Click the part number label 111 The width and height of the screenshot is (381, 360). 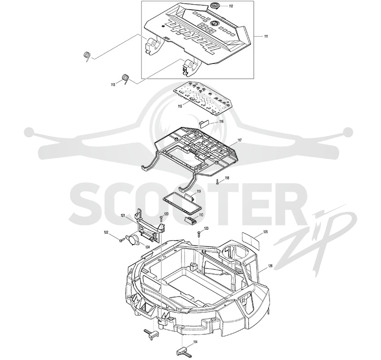266,37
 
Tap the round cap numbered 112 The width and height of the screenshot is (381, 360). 215,5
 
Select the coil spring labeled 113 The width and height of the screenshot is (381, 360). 125,79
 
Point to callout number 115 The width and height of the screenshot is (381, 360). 180,106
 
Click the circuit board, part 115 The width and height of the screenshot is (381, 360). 204,98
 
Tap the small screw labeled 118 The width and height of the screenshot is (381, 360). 217,181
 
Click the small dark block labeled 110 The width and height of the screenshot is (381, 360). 191,220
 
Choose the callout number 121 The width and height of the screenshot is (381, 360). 123,215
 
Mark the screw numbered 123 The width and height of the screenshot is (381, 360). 199,233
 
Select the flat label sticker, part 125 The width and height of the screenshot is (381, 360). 251,238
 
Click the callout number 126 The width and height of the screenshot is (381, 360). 270,266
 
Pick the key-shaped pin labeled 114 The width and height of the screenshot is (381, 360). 184,352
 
